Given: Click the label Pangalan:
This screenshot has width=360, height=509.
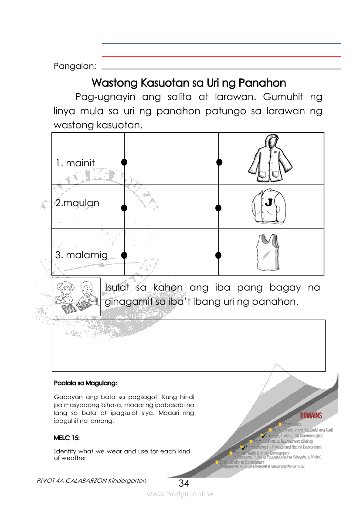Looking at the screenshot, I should click(x=75, y=66).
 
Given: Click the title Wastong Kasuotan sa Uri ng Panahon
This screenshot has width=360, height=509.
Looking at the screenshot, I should click(x=189, y=83).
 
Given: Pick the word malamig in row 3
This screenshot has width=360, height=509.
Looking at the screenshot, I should click(x=86, y=255).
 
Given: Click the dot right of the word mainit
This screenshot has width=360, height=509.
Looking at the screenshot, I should click(x=124, y=162).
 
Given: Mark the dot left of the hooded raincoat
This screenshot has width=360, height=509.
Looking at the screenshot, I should click(x=219, y=162).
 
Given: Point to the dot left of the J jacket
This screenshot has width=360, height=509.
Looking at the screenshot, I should click(x=219, y=208).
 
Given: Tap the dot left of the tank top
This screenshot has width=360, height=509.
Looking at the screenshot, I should click(x=219, y=255).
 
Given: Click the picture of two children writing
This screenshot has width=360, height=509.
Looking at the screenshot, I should click(x=76, y=297).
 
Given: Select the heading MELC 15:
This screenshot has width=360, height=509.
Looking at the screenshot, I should click(x=67, y=437).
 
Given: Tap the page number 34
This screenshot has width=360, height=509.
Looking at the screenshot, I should click(x=184, y=483).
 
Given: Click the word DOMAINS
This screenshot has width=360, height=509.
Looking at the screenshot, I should click(x=311, y=415).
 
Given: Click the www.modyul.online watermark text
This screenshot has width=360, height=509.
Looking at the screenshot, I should click(x=180, y=494).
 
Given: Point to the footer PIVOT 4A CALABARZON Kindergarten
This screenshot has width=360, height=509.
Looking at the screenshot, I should click(x=92, y=481).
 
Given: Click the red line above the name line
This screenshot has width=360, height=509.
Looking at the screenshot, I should click(x=221, y=56).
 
